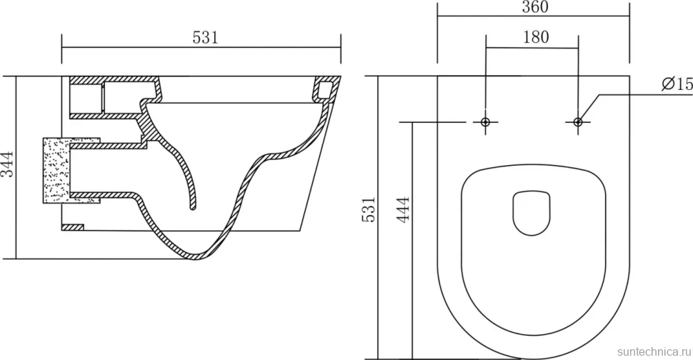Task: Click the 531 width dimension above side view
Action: pyautogui.click(x=206, y=38)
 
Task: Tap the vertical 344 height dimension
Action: pyautogui.click(x=8, y=164)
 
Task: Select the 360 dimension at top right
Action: pyautogui.click(x=535, y=7)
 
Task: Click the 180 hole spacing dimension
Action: pyautogui.click(x=536, y=37)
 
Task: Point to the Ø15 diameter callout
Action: pyautogui.click(x=677, y=84)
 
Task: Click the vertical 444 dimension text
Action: pyautogui.click(x=403, y=210)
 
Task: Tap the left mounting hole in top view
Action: pyautogui.click(x=486, y=121)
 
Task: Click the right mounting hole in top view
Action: pyautogui.click(x=578, y=121)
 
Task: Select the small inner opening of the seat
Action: pyautogui.click(x=532, y=213)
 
